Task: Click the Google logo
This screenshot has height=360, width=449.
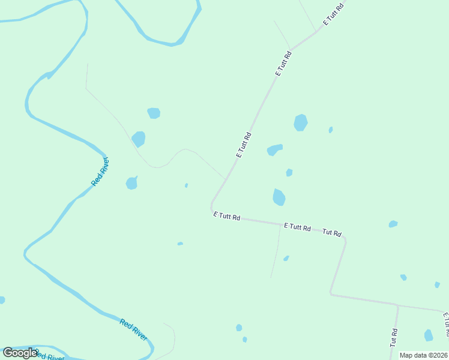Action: coord(20,353)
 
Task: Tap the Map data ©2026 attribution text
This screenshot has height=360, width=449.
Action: coord(423,355)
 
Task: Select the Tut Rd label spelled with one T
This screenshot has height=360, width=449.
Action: coord(332,232)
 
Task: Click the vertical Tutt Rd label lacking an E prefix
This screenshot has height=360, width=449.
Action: coord(394,337)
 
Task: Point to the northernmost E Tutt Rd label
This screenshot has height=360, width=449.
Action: coord(333,14)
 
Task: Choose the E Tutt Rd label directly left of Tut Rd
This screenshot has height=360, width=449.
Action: coord(297,227)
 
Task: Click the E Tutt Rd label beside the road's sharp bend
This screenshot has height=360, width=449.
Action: coord(227,217)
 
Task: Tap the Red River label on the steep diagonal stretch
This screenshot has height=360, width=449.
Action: coord(100,171)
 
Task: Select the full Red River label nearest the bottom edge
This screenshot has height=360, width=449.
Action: coord(133,330)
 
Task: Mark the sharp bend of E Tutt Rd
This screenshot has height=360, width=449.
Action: coord(212,206)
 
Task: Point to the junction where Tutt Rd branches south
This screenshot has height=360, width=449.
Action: coord(397,305)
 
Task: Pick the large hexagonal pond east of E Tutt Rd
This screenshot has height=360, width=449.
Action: coord(301,122)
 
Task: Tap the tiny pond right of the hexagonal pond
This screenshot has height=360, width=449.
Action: coord(331,130)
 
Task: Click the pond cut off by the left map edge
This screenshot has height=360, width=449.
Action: coord(2,300)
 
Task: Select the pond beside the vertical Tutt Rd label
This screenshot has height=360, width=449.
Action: coord(429,335)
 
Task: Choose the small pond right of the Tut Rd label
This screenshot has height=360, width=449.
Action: coord(393,224)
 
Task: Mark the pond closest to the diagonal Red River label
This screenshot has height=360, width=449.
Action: coord(132,182)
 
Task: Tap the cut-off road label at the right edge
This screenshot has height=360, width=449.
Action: coord(445,324)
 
